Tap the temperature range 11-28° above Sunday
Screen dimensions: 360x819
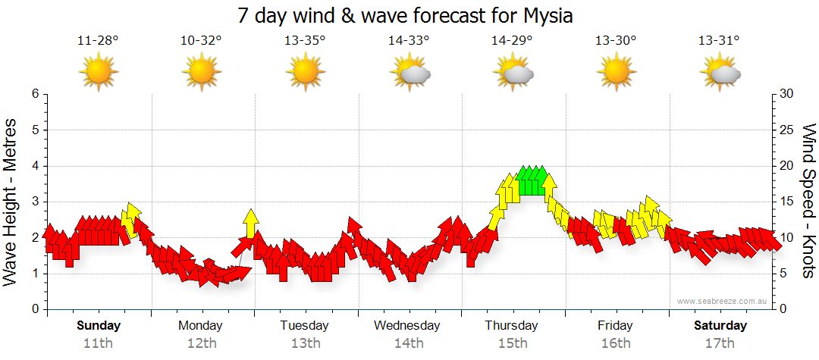coord(98,41)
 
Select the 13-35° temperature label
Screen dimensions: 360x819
coord(305,41)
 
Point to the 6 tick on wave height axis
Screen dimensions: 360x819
coord(34,94)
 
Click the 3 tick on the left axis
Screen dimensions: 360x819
coord(34,202)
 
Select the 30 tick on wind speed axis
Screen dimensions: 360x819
coord(788,94)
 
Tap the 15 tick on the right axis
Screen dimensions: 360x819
coord(788,202)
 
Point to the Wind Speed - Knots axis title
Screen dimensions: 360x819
coord(808,202)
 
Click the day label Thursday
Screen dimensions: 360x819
coord(512,326)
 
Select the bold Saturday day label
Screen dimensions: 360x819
coord(720,326)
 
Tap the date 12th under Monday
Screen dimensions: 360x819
coord(201,343)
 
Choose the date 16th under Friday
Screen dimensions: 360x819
coord(616,343)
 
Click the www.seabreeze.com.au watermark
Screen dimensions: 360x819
coord(723,301)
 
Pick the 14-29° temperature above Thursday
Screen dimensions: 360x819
coord(512,41)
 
